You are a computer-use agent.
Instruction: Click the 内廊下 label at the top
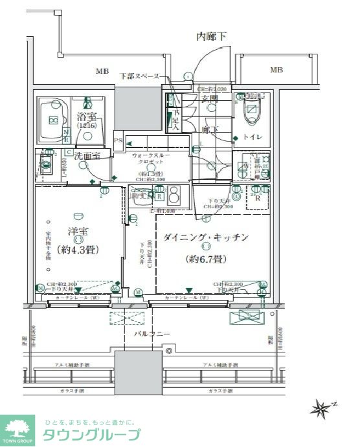212,37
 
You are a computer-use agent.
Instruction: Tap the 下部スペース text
139,76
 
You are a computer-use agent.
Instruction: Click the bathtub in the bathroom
52,120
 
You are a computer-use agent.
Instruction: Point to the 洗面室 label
86,156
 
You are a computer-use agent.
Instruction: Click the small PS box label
118,140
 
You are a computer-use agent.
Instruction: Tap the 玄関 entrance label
209,98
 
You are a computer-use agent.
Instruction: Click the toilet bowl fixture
251,111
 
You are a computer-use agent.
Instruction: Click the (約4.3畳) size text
73,250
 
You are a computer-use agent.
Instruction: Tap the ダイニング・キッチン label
206,237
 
